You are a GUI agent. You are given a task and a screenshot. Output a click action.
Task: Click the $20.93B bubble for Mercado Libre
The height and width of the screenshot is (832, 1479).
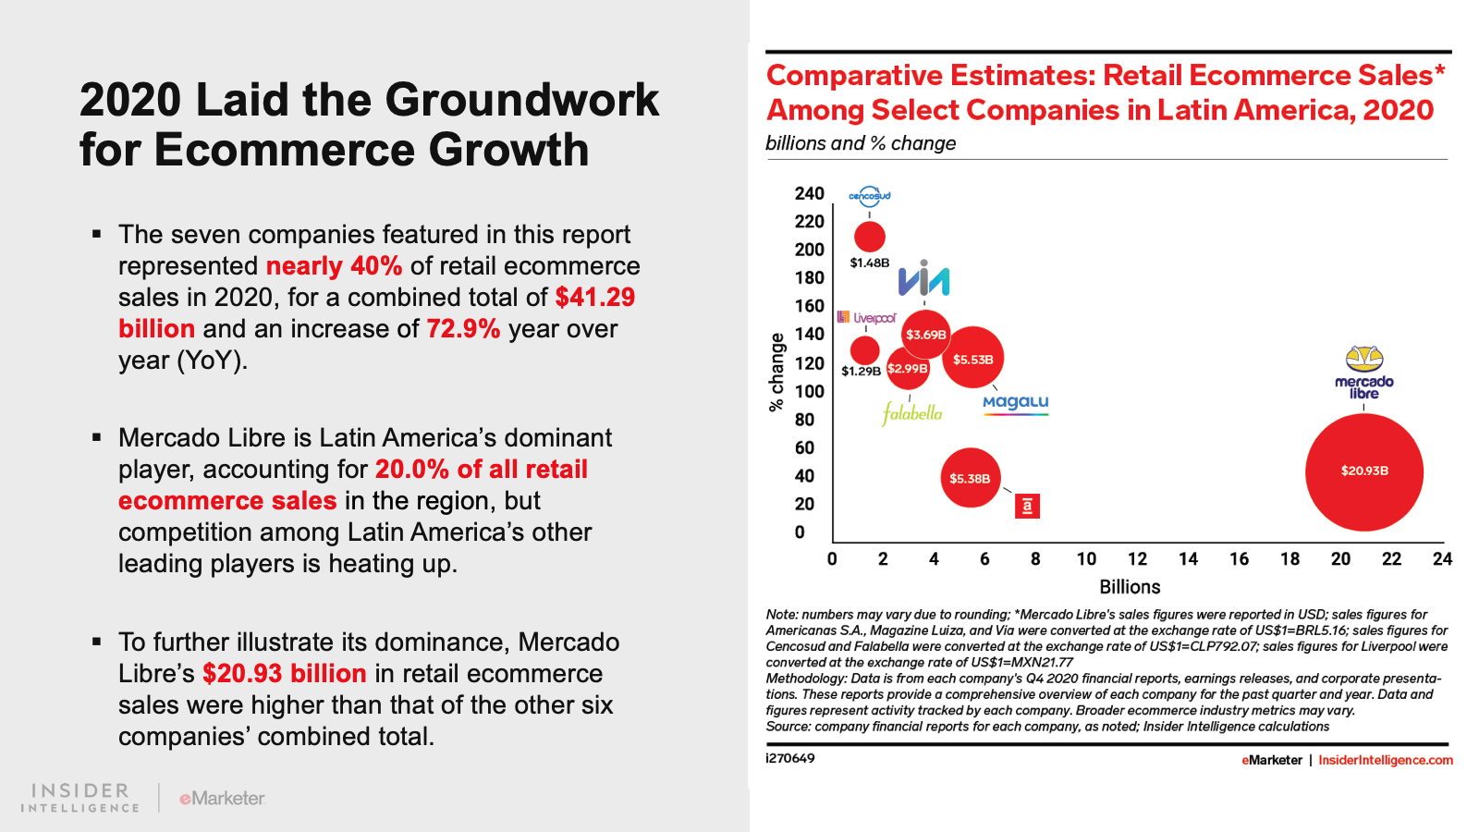(x=1364, y=471)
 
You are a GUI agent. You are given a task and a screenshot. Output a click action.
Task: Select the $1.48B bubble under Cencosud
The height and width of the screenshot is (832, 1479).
(x=870, y=237)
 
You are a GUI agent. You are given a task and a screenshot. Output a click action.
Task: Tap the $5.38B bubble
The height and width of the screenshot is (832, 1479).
(x=971, y=478)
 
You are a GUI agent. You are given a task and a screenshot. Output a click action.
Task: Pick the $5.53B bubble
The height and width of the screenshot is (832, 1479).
(x=972, y=358)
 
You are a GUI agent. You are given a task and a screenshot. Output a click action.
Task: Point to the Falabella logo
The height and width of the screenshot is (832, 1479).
(x=912, y=412)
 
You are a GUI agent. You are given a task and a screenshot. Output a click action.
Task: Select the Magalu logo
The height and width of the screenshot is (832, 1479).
(x=1015, y=403)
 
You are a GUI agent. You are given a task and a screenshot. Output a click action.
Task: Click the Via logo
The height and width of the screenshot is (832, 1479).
(x=923, y=279)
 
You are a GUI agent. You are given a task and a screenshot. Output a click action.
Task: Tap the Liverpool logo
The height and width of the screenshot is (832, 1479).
(x=867, y=317)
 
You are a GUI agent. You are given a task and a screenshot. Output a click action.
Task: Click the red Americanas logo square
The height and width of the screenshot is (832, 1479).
(x=1027, y=506)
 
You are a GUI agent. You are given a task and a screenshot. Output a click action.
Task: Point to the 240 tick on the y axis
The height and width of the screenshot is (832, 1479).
(x=809, y=193)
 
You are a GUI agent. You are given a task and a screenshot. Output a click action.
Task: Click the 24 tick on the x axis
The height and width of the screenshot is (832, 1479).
(x=1442, y=559)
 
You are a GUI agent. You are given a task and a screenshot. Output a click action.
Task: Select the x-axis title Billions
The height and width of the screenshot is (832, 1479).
(x=1130, y=587)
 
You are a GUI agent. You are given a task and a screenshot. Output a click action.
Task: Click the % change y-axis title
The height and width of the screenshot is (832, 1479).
(x=776, y=372)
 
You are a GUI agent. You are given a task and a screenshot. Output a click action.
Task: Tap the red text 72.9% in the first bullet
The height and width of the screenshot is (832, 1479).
(x=463, y=329)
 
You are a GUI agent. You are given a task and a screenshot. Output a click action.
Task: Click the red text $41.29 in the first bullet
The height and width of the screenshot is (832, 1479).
(x=594, y=298)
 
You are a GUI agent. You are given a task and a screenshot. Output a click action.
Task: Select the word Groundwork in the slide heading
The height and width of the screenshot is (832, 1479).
(x=522, y=100)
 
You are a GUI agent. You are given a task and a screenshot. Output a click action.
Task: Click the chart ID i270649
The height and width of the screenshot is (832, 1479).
(x=790, y=759)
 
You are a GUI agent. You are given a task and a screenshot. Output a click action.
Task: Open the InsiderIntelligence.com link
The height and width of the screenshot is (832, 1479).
(x=1386, y=760)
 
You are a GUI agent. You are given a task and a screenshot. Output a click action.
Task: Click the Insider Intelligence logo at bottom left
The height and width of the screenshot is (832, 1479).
(x=80, y=797)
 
